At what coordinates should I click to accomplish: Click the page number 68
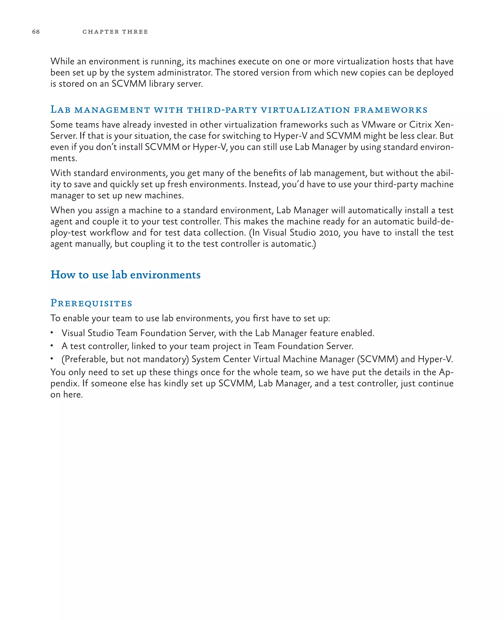point(36,32)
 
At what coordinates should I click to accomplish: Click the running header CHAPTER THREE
point(115,32)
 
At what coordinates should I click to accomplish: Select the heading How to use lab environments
point(126,275)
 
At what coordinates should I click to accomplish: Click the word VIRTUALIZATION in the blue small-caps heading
point(305,110)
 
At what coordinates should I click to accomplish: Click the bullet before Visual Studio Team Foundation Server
point(52,333)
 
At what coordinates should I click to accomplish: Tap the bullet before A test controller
point(52,346)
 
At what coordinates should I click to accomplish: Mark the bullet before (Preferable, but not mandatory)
point(52,359)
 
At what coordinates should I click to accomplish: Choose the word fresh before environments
point(177,184)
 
